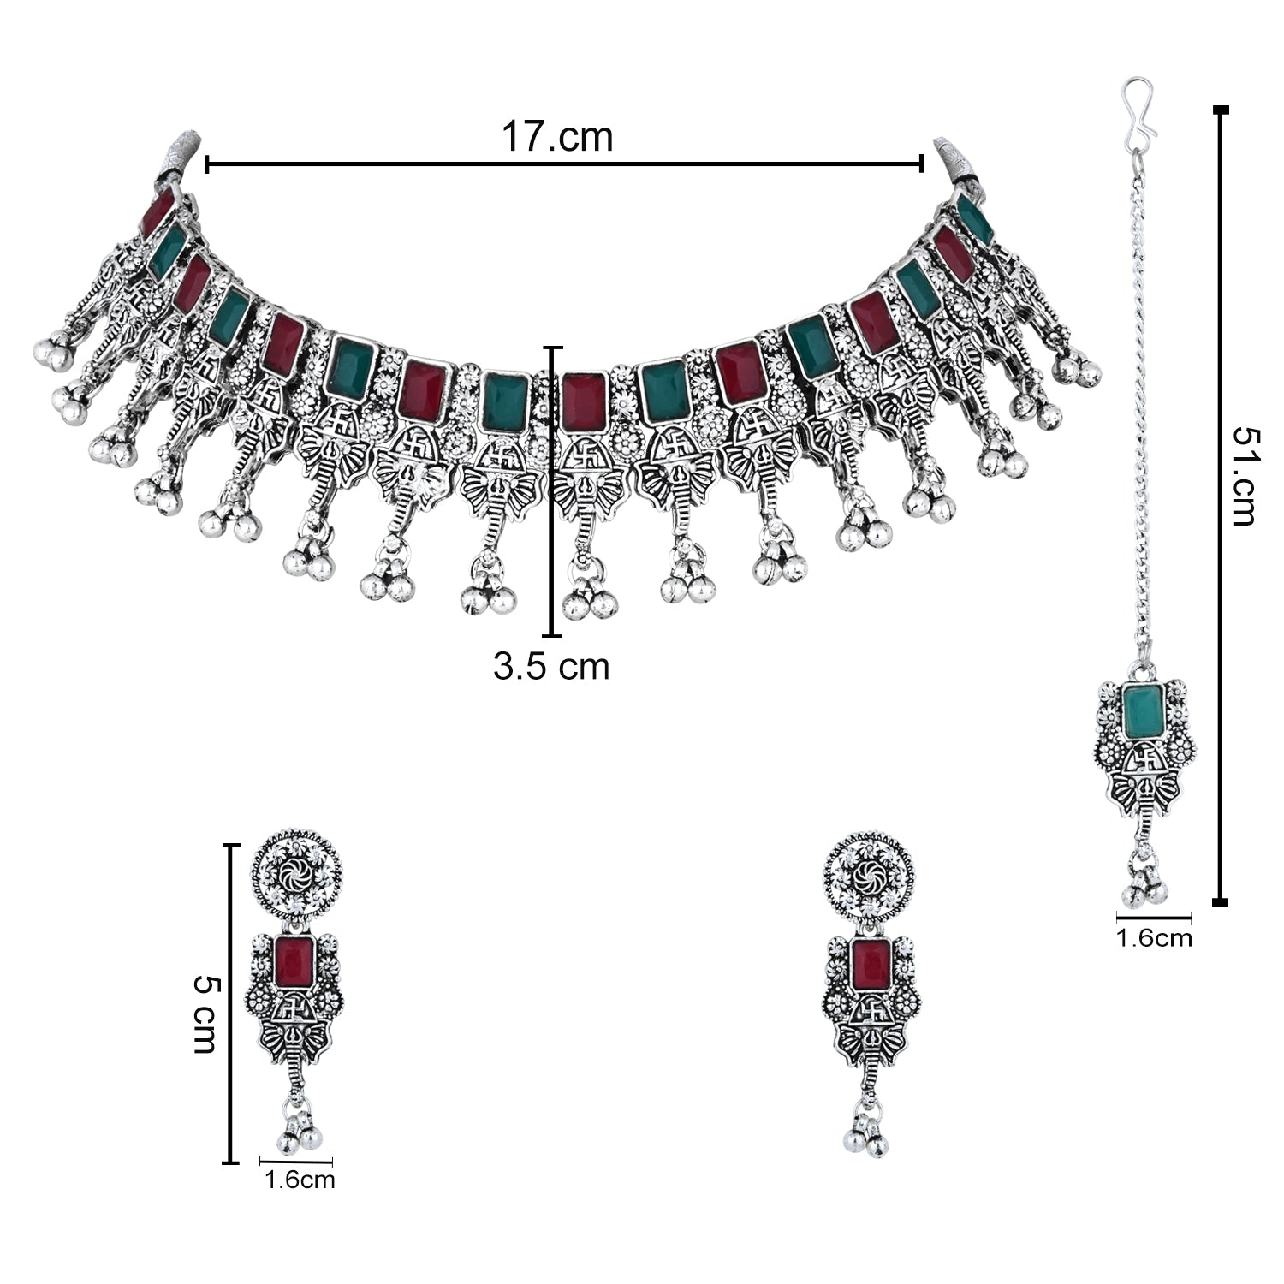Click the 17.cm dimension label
(557, 137)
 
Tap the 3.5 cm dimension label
(551, 667)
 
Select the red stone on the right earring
(870, 963)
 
